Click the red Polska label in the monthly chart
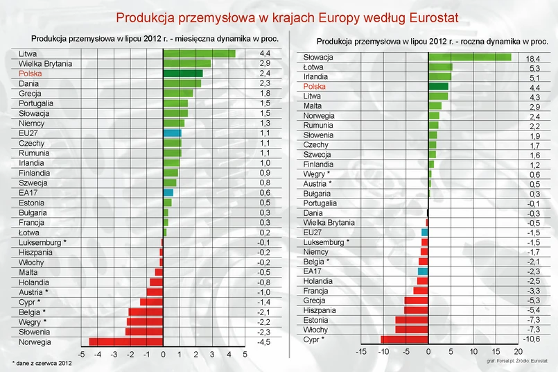pyautogui.click(x=31, y=73)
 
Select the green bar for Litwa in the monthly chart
pyautogui.click(x=199, y=53)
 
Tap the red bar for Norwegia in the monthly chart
pyautogui.click(x=125, y=341)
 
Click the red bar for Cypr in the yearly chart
pyautogui.click(x=405, y=339)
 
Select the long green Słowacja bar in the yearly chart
pyautogui.click(x=470, y=57)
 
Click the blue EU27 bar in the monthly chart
pyautogui.click(x=172, y=133)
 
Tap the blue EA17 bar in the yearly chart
pyautogui.click(x=423, y=271)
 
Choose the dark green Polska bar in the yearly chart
pyautogui.click(x=438, y=86)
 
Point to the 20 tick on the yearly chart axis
pyautogui.click(x=518, y=352)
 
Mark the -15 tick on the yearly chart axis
pyautogui.click(x=360, y=352)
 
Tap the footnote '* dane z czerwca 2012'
pyautogui.click(x=42, y=364)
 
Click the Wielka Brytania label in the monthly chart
pyautogui.click(x=46, y=63)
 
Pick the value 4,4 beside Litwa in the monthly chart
pyautogui.click(x=265, y=53)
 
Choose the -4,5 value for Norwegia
pyautogui.click(x=265, y=341)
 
